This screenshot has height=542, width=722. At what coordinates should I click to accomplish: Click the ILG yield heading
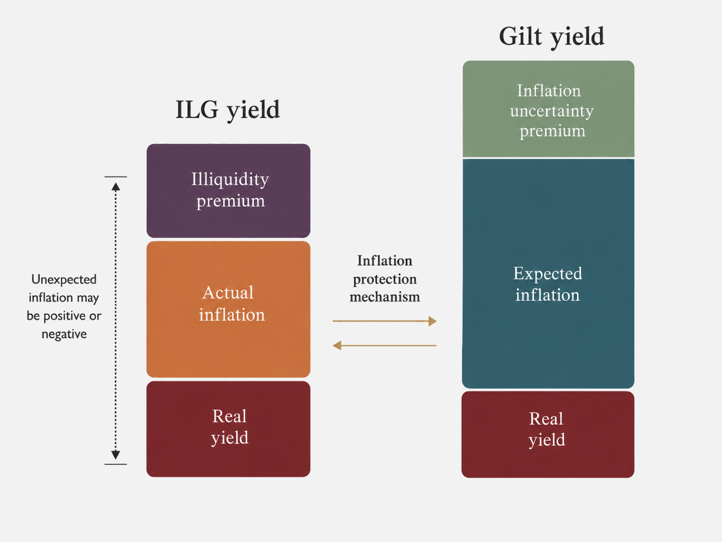(x=227, y=110)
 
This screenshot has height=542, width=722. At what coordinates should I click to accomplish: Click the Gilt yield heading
(x=551, y=37)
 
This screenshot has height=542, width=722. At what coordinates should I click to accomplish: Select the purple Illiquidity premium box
(x=228, y=191)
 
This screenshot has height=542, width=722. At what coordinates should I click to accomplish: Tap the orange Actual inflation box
(x=228, y=309)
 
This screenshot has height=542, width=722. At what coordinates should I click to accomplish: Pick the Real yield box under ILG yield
(x=228, y=429)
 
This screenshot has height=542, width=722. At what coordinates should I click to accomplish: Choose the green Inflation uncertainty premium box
(x=548, y=109)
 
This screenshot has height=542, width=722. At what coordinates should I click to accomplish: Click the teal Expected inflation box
(x=548, y=274)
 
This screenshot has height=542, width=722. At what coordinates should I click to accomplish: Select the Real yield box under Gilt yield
(x=548, y=434)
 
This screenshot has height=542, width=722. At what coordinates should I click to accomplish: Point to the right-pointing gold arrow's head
(x=432, y=321)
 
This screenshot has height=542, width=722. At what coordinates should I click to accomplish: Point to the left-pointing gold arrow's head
(x=337, y=345)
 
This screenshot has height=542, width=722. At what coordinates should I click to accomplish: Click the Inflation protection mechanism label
(x=384, y=278)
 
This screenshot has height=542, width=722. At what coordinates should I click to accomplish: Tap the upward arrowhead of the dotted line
(x=116, y=187)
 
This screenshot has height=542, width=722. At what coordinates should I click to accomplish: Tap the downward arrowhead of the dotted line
(x=116, y=455)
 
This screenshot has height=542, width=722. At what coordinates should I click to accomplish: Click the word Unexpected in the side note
(x=64, y=279)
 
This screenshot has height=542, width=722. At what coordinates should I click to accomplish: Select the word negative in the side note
(x=64, y=334)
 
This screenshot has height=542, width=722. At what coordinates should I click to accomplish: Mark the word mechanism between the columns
(x=384, y=297)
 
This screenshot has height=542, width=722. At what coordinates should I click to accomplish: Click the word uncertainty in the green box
(x=552, y=111)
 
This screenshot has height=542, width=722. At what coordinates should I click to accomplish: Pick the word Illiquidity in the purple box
(x=230, y=180)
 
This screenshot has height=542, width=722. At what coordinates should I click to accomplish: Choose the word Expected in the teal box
(x=547, y=274)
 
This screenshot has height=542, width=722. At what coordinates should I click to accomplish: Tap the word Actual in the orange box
(x=228, y=292)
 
